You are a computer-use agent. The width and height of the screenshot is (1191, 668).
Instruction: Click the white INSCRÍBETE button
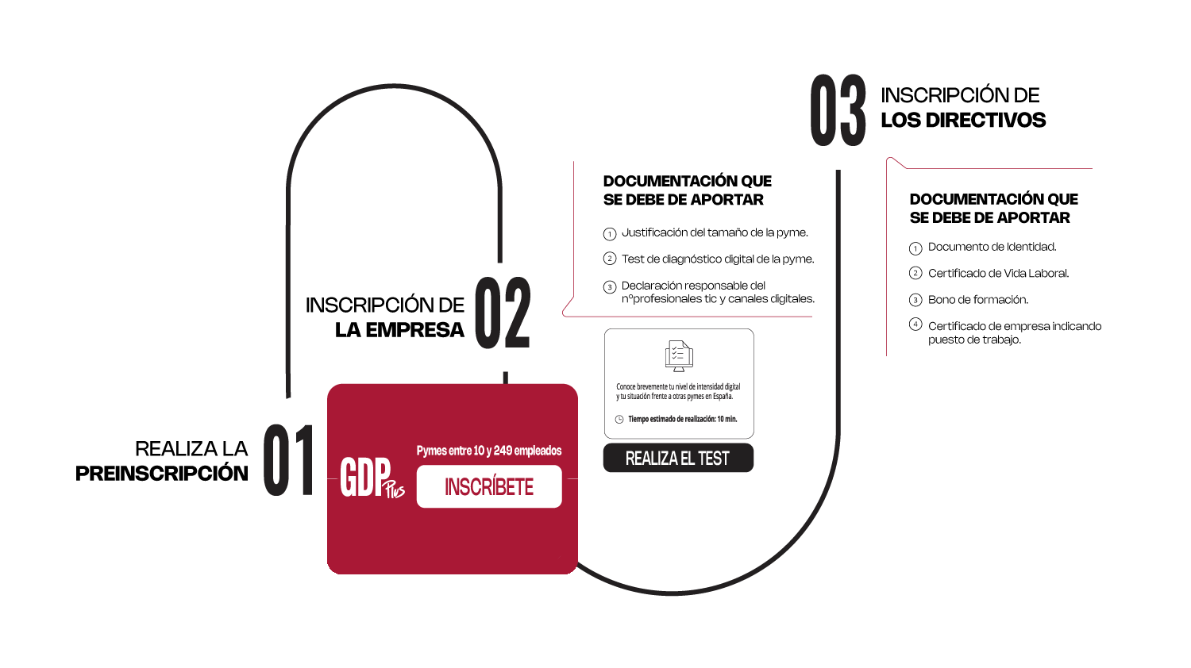click(x=488, y=486)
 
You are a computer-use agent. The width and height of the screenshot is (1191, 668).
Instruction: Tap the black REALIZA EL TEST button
click(x=678, y=458)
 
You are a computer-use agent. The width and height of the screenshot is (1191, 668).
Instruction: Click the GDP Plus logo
click(x=372, y=478)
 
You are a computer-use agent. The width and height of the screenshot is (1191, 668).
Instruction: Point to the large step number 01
click(x=288, y=460)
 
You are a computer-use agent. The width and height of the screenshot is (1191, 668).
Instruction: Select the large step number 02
click(x=503, y=313)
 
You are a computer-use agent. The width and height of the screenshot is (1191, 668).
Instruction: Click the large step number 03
click(x=838, y=110)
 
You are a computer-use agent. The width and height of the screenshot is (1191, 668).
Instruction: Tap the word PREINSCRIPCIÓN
click(x=162, y=473)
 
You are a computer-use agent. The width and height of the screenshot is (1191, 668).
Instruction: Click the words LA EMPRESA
click(x=399, y=330)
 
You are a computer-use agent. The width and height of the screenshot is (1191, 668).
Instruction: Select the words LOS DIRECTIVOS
click(x=963, y=120)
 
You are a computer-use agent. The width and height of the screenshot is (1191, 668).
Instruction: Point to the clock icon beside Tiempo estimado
click(x=619, y=420)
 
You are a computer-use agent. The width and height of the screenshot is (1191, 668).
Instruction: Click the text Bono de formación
click(x=977, y=300)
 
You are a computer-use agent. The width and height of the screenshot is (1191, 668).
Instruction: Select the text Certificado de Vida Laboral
click(x=998, y=273)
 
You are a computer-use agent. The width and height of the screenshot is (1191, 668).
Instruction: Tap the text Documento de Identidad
click(x=992, y=247)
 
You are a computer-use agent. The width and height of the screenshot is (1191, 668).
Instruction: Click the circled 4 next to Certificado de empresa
click(x=915, y=324)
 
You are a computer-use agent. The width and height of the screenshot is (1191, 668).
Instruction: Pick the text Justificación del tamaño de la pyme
click(x=715, y=232)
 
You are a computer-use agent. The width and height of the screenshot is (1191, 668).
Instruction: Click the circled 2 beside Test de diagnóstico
click(x=609, y=259)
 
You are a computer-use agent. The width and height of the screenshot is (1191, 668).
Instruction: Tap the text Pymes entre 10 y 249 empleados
click(x=488, y=451)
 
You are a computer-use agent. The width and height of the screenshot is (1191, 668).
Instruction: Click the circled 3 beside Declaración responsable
click(x=609, y=287)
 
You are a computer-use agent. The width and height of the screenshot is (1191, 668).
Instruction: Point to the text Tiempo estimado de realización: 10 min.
click(x=682, y=420)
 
